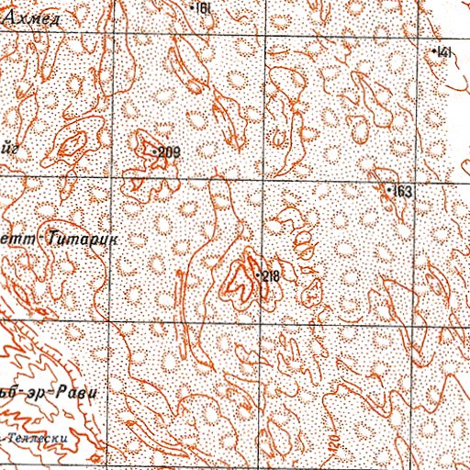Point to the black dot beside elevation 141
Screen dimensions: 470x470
435,51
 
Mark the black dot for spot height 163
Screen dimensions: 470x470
389,189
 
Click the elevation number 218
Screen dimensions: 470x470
270,276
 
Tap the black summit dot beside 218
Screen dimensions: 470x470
257,274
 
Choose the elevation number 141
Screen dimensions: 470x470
447,53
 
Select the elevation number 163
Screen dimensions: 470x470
404,192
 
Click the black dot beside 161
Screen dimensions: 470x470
193,7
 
